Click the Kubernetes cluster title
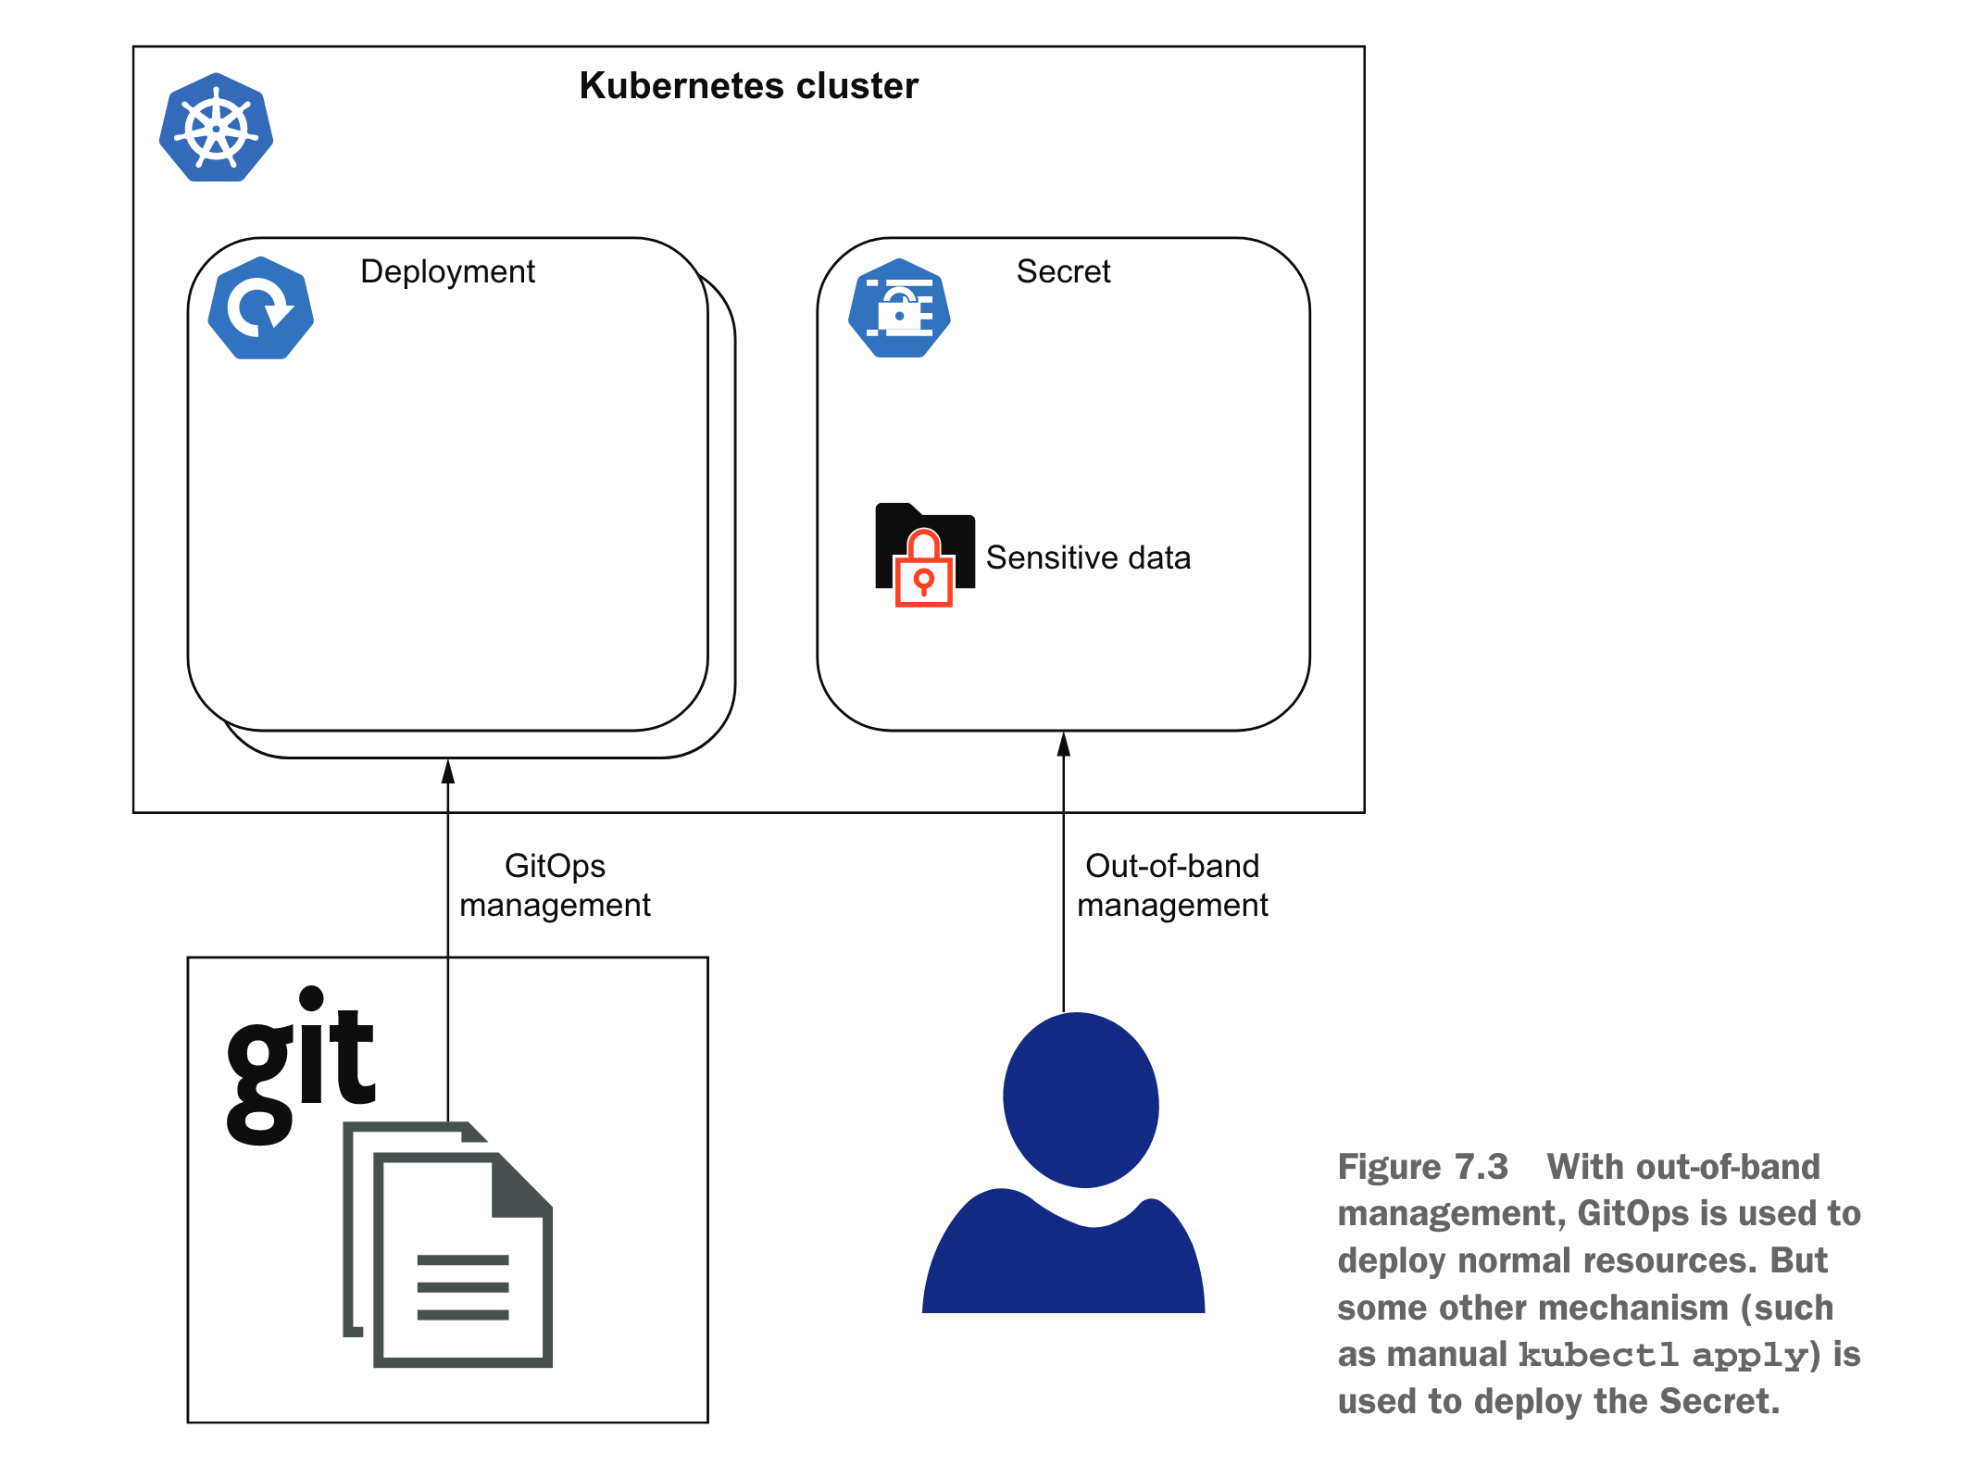coord(748,86)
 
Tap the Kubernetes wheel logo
coord(216,128)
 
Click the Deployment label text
coord(447,271)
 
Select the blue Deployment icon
coord(261,308)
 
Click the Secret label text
coord(1063,271)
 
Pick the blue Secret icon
coord(899,309)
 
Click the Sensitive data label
coord(1088,557)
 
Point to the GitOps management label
coord(555,885)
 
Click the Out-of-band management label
coord(1172,885)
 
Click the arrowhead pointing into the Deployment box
coord(448,771)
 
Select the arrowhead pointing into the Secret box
coord(1064,744)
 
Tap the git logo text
coord(301,1065)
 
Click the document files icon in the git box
coord(450,1246)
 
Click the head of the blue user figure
coord(1081,1099)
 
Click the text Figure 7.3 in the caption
coord(1422,1167)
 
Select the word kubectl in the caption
coord(1597,1355)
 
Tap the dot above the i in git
coord(312,997)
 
